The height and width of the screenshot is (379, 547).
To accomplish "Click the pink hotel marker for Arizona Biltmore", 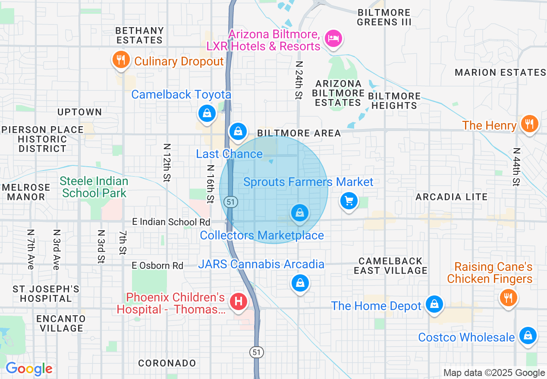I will [x=333, y=39].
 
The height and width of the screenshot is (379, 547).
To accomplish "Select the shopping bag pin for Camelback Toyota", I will [x=207, y=113].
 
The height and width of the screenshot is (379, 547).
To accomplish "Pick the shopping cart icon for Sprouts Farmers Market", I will [x=349, y=201].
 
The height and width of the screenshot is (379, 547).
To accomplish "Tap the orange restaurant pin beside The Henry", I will [x=529, y=124].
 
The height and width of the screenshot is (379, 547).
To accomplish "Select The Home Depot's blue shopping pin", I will [x=434, y=304].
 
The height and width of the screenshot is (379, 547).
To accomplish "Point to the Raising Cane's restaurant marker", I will [x=509, y=297].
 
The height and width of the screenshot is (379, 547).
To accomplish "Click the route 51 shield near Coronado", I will [x=257, y=352].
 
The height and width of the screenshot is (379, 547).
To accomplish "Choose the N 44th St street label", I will [x=516, y=167].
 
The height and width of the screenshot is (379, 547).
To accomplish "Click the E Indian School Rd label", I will [x=171, y=222].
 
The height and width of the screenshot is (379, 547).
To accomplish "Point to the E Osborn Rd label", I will [x=157, y=265].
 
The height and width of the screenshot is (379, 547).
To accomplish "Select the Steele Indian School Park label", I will [x=94, y=187].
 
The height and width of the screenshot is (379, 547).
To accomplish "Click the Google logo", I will [x=29, y=369].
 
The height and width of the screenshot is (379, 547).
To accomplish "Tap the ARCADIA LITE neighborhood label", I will [x=451, y=197].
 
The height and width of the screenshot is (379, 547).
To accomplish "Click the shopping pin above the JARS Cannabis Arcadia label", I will [x=299, y=212].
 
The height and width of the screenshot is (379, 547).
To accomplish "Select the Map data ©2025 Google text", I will [x=494, y=373].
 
